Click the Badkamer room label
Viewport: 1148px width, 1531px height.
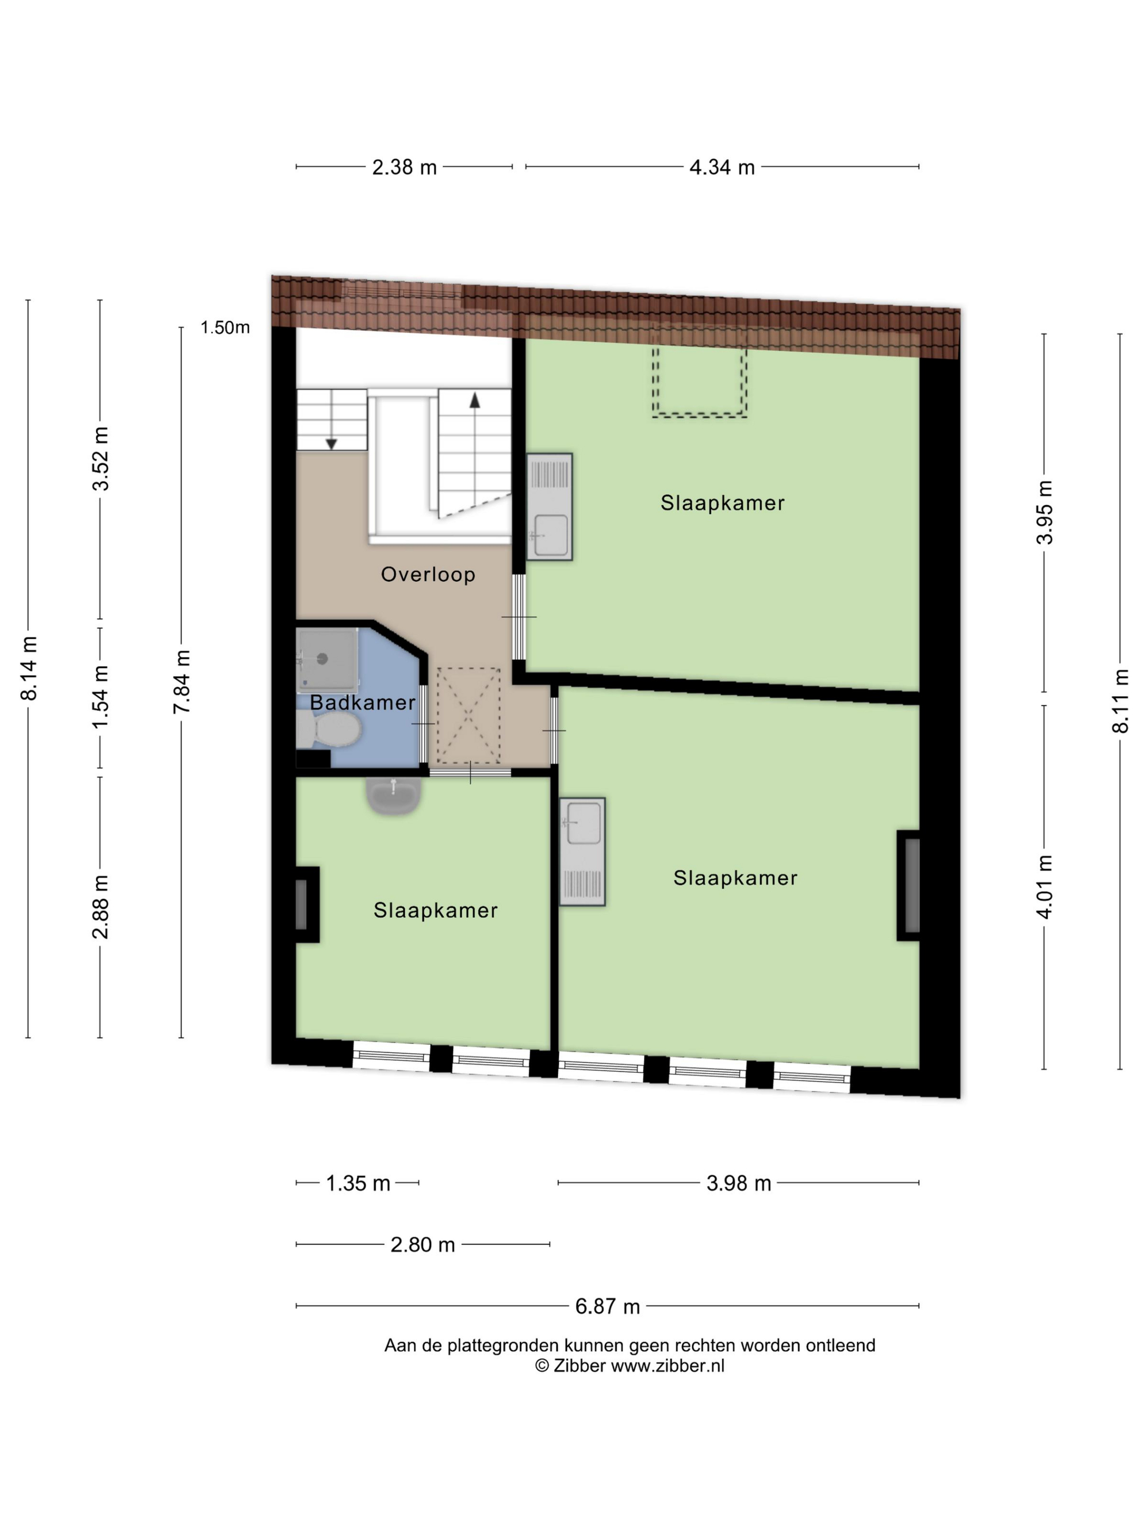click(x=362, y=703)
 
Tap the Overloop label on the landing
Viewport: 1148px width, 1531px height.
click(x=427, y=575)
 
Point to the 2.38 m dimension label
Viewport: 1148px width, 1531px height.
click(x=404, y=167)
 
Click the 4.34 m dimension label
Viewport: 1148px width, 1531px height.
click(x=722, y=167)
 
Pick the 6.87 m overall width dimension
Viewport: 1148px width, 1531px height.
click(x=607, y=1307)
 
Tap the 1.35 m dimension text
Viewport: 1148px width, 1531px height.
click(x=358, y=1184)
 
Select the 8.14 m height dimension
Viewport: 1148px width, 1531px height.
click(x=29, y=668)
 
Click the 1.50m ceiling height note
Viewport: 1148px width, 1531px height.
click(x=225, y=328)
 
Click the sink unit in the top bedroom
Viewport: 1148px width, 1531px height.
click(x=549, y=507)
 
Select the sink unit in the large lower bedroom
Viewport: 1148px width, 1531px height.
click(x=582, y=851)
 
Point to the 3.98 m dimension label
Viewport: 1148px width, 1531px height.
click(x=739, y=1184)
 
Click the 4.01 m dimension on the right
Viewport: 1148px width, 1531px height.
click(x=1044, y=887)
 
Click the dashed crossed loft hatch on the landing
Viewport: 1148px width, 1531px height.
click(x=468, y=716)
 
